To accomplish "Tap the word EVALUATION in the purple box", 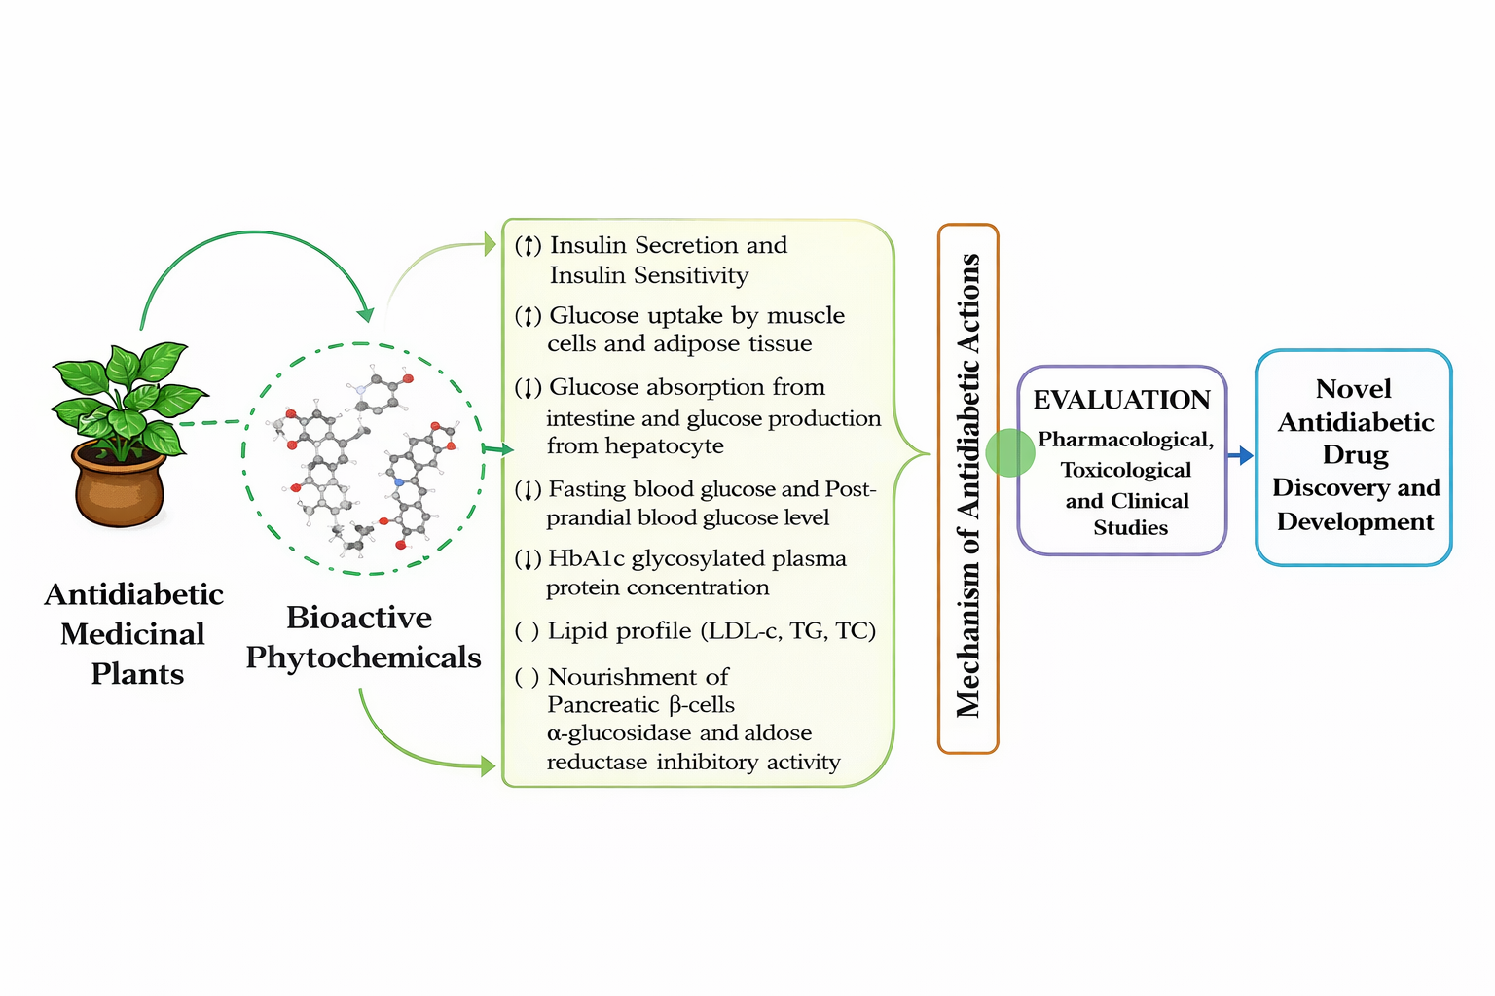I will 1121,400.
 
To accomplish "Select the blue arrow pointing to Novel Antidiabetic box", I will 1239,455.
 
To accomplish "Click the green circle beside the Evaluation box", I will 1010,452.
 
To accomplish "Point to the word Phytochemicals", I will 363,658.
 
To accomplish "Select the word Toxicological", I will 1126,470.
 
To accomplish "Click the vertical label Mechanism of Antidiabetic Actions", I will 968,486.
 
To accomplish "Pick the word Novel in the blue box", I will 1353,389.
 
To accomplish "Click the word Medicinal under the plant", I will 132,634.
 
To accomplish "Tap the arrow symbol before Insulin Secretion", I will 528,246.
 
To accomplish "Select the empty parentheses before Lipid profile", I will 527,631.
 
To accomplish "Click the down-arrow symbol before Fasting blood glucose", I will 528,489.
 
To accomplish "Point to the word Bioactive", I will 359,617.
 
